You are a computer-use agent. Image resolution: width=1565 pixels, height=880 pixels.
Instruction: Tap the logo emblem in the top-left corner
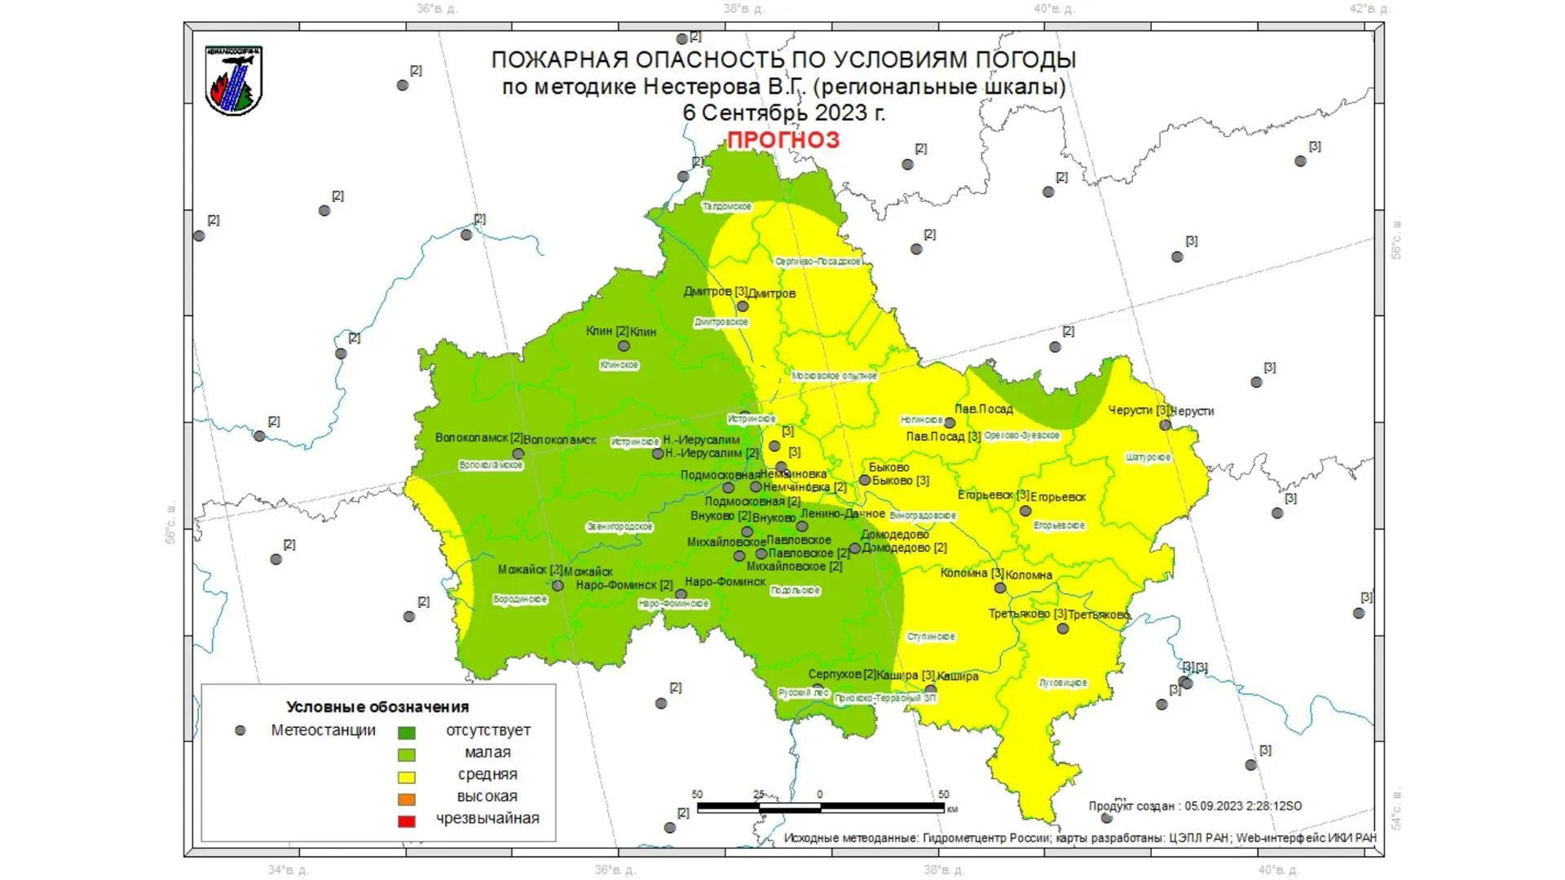[234, 81]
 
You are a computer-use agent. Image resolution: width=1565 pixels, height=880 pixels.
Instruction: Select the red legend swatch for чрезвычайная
[406, 821]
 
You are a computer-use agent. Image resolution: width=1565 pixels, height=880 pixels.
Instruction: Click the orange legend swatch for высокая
[406, 799]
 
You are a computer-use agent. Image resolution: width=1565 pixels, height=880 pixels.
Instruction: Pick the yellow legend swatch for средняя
[406, 777]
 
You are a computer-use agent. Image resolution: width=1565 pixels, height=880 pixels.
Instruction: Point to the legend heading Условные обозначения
[377, 706]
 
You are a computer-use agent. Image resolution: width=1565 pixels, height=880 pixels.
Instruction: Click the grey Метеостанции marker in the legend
[240, 731]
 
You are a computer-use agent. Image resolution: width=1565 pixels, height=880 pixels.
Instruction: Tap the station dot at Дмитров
[743, 306]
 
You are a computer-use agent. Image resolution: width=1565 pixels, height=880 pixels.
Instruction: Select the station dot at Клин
[624, 345]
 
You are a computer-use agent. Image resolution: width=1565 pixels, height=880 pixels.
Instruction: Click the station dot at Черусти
[1165, 425]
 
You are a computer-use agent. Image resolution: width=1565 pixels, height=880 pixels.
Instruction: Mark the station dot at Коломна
[999, 587]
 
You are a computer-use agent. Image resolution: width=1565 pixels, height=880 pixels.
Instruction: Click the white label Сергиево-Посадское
[818, 262]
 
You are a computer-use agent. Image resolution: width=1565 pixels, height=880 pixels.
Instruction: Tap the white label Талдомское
[727, 207]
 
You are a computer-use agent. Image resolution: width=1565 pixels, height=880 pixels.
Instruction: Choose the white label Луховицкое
[1063, 683]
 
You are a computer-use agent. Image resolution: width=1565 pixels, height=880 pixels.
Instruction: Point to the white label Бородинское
[520, 600]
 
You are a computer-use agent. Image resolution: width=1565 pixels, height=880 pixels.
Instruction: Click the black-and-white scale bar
[820, 807]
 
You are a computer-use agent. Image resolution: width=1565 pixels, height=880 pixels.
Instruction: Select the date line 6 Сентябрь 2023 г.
[783, 112]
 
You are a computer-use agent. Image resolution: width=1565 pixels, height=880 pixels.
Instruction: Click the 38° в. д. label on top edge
[743, 9]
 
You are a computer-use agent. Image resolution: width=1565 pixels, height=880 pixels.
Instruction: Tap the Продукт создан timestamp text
[1195, 806]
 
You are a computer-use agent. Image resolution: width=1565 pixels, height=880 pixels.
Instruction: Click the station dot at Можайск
[558, 585]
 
